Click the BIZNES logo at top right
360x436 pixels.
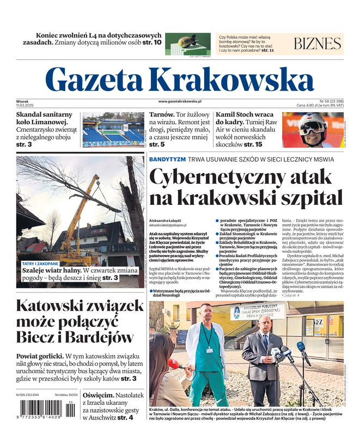click(317, 44)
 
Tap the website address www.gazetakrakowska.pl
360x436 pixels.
click(180, 101)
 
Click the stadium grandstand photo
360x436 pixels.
click(113, 129)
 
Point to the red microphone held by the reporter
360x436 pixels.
click(174, 364)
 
